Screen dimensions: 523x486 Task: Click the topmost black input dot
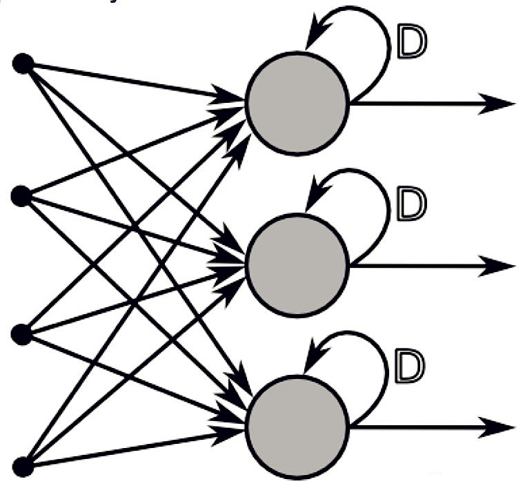(x=23, y=64)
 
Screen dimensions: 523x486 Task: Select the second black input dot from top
(x=21, y=196)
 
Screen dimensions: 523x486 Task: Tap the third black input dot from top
(x=21, y=334)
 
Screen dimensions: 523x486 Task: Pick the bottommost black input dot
(x=23, y=467)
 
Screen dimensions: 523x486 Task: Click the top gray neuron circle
(x=297, y=104)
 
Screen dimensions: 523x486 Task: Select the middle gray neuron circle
(x=297, y=265)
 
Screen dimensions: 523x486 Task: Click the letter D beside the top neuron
(x=413, y=41)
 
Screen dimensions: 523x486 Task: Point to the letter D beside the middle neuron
(x=412, y=204)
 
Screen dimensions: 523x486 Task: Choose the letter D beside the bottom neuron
(x=410, y=366)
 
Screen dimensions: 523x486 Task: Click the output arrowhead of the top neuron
(x=495, y=104)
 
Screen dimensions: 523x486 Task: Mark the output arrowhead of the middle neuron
(x=495, y=266)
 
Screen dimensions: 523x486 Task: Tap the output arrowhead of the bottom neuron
(x=495, y=427)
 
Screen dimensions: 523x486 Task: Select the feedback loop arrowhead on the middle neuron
(x=316, y=193)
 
